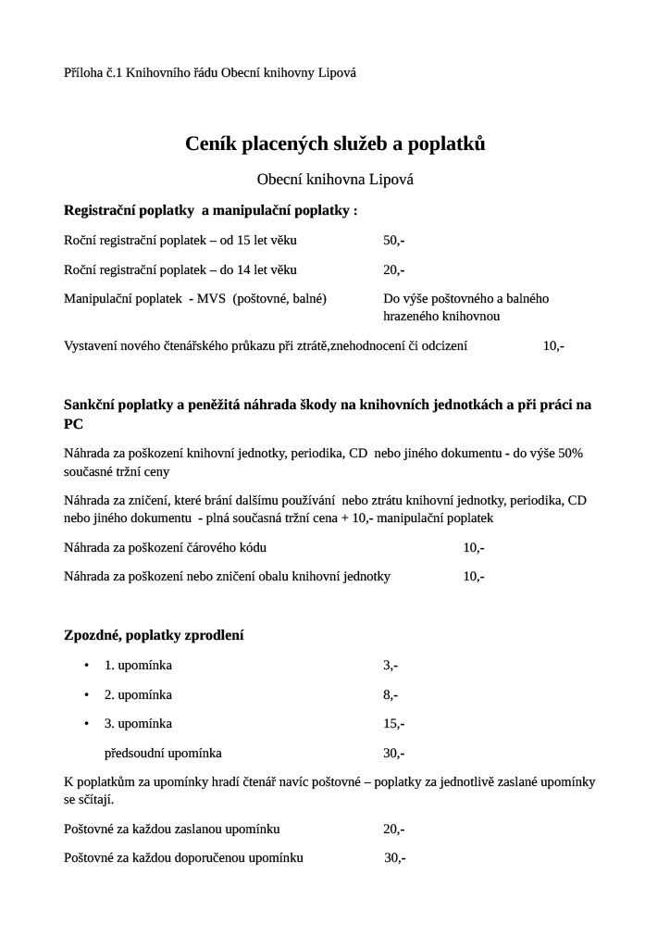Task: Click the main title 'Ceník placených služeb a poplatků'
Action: click(335, 143)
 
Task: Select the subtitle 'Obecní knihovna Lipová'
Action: click(335, 179)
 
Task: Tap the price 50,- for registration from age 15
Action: click(393, 241)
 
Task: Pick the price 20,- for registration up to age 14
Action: click(393, 269)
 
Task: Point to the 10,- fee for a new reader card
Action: click(553, 345)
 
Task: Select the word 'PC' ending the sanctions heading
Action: click(73, 423)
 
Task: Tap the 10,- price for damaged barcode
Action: click(474, 547)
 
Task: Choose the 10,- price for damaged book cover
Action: click(474, 576)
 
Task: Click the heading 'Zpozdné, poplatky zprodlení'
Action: click(154, 635)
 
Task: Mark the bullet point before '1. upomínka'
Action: click(86, 666)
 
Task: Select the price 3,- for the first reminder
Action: click(391, 665)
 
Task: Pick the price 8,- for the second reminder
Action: click(391, 694)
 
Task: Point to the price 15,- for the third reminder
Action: click(393, 723)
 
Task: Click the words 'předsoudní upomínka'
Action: click(163, 753)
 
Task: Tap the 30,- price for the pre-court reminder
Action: click(393, 753)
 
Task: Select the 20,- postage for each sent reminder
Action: click(393, 829)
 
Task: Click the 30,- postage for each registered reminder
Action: click(394, 857)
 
